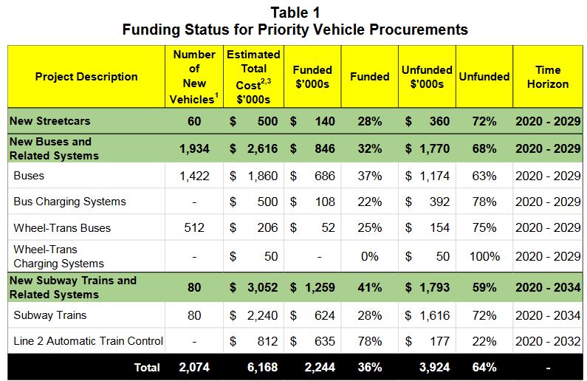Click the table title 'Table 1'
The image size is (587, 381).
pos(295,13)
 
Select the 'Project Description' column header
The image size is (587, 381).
pos(86,77)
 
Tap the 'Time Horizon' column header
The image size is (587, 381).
pos(548,77)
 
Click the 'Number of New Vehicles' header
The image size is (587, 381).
pos(194,77)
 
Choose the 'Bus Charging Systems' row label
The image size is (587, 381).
pos(69,202)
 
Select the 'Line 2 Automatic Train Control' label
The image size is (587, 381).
pos(88,341)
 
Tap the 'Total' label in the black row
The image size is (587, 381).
pos(146,367)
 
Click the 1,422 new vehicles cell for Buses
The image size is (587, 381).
pos(194,176)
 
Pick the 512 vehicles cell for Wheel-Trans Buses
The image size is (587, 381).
pos(194,228)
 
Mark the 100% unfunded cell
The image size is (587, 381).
pos(484,256)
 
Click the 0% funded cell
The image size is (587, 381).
pos(369,256)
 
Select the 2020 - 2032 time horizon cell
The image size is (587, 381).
pos(548,341)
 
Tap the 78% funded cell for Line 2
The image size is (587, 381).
pos(369,341)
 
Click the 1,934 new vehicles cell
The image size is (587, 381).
pos(194,148)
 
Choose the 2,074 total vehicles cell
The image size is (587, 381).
pos(194,367)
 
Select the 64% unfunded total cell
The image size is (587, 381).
pos(484,367)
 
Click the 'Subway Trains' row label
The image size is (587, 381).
pos(49,315)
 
